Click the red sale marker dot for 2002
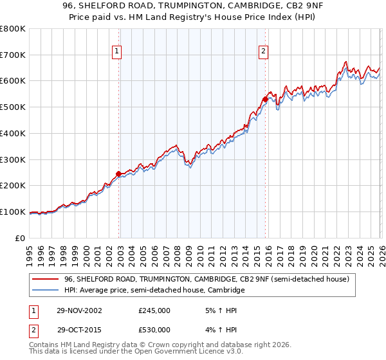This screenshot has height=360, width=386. click(119, 174)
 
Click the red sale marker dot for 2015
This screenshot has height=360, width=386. click(265, 99)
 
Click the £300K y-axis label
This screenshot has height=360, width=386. click(13, 159)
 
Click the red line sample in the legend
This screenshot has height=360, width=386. click(46, 280)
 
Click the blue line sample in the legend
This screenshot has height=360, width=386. click(46, 291)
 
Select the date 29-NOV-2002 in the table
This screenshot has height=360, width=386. click(75, 310)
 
